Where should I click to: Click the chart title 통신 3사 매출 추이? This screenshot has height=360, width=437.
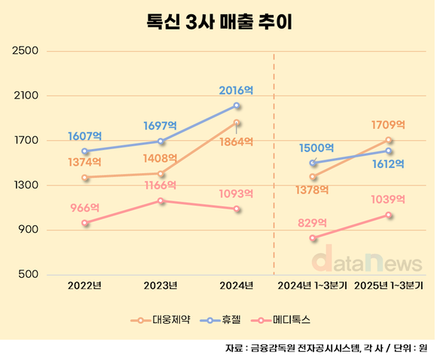(x=218, y=21)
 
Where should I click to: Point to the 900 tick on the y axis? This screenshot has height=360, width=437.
(x=28, y=230)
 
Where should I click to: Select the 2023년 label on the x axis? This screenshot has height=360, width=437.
(x=160, y=285)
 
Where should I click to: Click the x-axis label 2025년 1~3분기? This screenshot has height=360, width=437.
(x=390, y=285)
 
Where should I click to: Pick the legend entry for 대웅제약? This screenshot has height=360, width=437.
(x=154, y=319)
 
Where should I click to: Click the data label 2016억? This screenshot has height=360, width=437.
(x=236, y=90)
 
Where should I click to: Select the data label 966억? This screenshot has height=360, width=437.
(x=85, y=207)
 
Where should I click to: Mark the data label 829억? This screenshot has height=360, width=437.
(x=312, y=223)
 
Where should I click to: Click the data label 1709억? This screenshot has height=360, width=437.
(x=388, y=124)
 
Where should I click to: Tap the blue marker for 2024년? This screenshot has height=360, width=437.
(x=237, y=105)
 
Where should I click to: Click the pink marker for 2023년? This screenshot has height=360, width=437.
(x=161, y=200)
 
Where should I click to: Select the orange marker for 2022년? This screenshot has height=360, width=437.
(x=85, y=178)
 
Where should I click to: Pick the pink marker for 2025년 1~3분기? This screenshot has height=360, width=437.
(x=389, y=215)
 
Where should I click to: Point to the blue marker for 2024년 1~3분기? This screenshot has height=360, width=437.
(x=313, y=163)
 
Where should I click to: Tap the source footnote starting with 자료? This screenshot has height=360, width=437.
(x=325, y=348)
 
